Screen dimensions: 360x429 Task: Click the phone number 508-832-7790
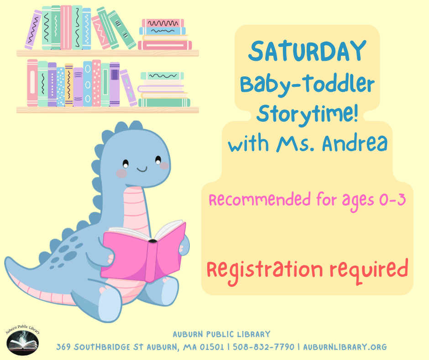[263, 347]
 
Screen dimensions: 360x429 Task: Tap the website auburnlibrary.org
[345, 347]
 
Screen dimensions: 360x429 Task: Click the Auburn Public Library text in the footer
[221, 334]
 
